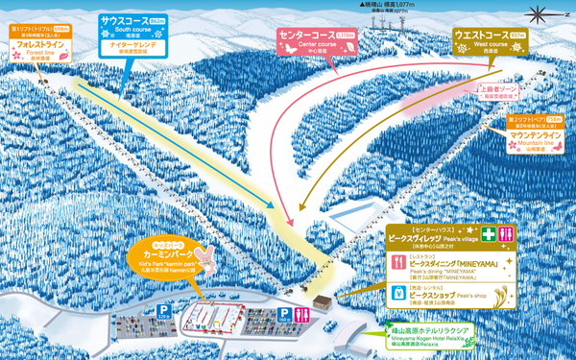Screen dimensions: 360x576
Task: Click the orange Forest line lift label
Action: pos(39,42)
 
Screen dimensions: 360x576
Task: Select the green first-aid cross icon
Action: pos(490,233)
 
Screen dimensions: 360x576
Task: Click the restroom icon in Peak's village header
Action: pos(510,233)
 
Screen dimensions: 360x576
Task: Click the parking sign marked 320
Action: pos(164,285)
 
